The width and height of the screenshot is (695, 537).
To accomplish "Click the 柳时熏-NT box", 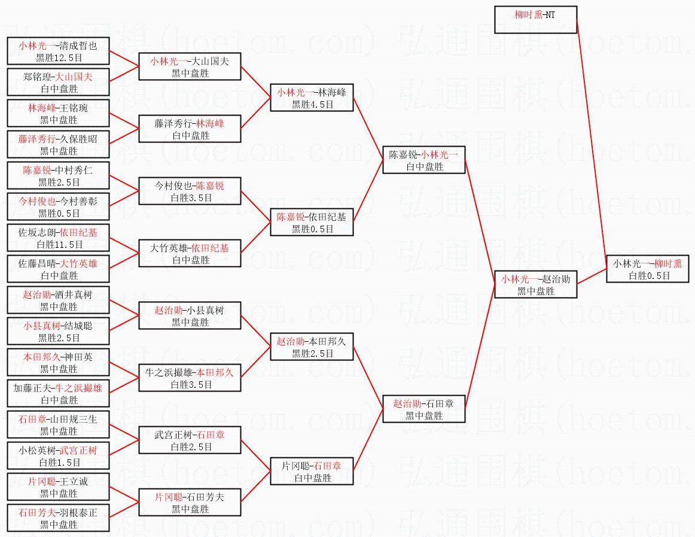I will point(535,20).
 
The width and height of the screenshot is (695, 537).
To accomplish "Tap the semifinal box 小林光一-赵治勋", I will point(535,284).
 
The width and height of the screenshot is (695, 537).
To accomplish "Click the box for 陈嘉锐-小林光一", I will point(423,160).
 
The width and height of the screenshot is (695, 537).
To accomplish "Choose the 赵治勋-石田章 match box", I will point(423,409).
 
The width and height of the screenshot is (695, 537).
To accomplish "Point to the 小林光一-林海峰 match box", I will point(311,98).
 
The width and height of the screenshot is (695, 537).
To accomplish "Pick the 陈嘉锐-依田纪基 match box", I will point(311,222).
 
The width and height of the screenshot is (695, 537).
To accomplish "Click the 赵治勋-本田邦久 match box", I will point(311,347).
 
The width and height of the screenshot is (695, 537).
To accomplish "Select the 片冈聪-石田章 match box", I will point(311,471).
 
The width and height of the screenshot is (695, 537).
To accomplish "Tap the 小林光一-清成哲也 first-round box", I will point(58,51).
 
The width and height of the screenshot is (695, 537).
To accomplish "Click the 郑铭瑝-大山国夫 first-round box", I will point(58,82).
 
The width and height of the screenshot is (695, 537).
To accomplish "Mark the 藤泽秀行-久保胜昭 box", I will point(58,144).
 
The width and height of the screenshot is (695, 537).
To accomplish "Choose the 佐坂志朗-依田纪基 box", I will point(58,238).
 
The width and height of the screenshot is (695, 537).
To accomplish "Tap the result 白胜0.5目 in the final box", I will point(649,275).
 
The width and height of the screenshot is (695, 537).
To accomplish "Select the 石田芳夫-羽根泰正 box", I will point(58,518).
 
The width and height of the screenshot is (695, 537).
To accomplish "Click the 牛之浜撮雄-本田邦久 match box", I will point(190,378).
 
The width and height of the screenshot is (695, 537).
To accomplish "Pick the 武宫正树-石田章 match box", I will point(190,440).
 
